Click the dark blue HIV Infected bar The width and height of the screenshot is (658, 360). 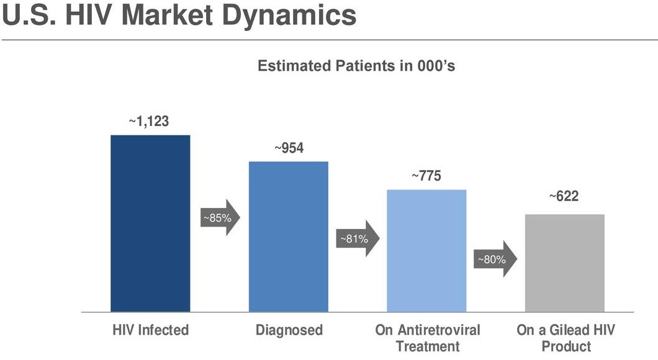pos(150,223)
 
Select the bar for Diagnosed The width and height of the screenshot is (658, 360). pos(289,236)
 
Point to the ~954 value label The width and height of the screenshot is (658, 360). pos(289,149)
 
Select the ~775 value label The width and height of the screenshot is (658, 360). pos(426,176)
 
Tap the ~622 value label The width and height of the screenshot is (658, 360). pos(564,197)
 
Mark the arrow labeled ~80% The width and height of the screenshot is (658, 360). pos(494,259)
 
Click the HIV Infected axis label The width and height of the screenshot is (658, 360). pos(150,330)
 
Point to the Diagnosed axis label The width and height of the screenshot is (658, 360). pos(289,330)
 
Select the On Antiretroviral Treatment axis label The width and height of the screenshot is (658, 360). pos(427,338)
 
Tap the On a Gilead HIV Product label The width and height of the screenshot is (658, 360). pos(566,338)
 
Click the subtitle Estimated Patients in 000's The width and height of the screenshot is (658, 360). pos(356,66)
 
